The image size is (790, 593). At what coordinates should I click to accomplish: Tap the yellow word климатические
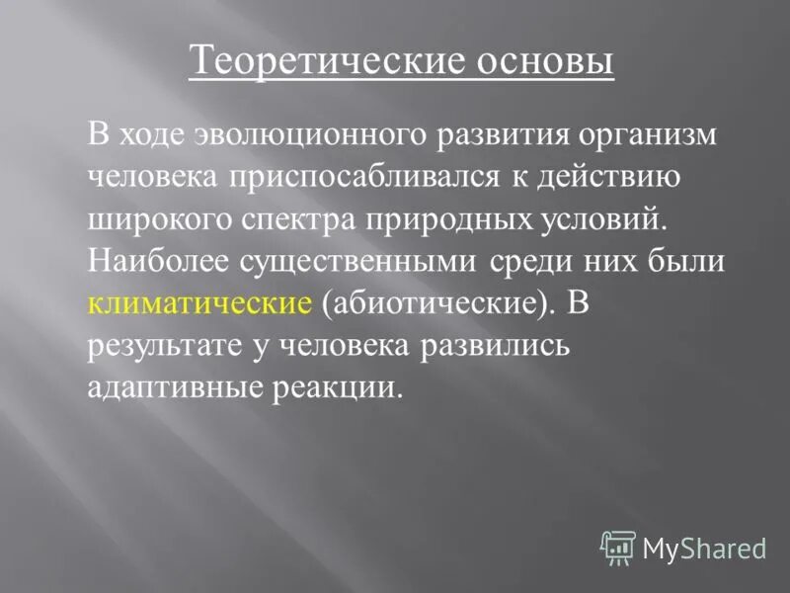pos(200,302)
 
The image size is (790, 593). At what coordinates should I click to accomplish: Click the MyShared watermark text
pos(704,546)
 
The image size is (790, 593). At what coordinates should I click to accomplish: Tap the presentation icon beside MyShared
pos(617,546)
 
